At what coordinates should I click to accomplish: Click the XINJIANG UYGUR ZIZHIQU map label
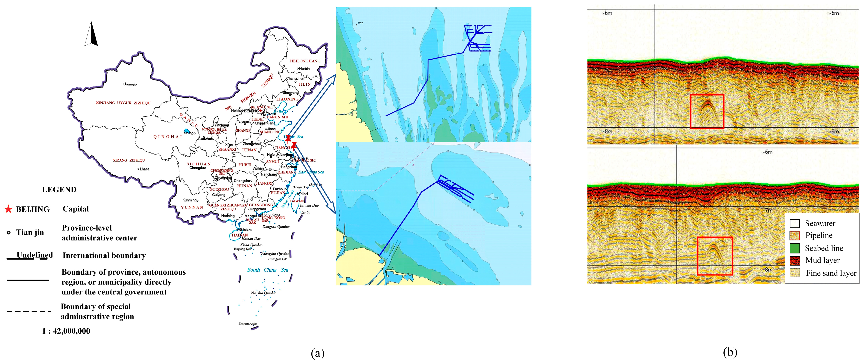coord(123,103)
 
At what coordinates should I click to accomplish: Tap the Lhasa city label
coord(144,169)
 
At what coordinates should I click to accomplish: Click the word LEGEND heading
coord(59,190)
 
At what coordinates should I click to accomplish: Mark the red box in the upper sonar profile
coord(707,111)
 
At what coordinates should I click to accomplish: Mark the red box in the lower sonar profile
coord(715,256)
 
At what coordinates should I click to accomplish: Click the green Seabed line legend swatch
coord(794,248)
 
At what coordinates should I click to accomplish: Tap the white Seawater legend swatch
coord(794,223)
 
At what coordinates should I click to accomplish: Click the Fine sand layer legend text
coord(831,273)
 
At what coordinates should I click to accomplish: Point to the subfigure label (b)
coord(730,352)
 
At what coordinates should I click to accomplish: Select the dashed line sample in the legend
coord(29,312)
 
